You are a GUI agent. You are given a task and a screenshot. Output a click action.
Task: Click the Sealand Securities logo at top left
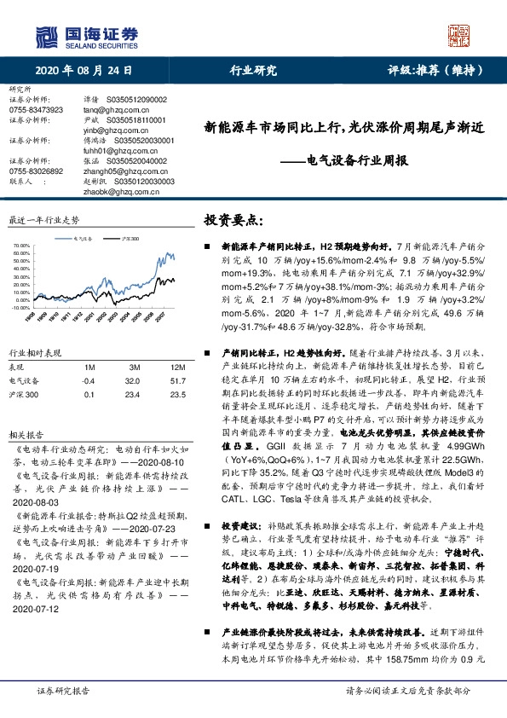click(85, 35)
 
